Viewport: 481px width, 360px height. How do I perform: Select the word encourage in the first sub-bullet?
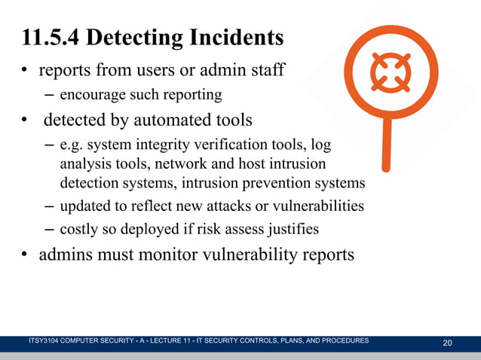point(90,96)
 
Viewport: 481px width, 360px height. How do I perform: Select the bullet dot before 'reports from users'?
point(24,73)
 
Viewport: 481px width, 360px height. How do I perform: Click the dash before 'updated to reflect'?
point(48,206)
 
